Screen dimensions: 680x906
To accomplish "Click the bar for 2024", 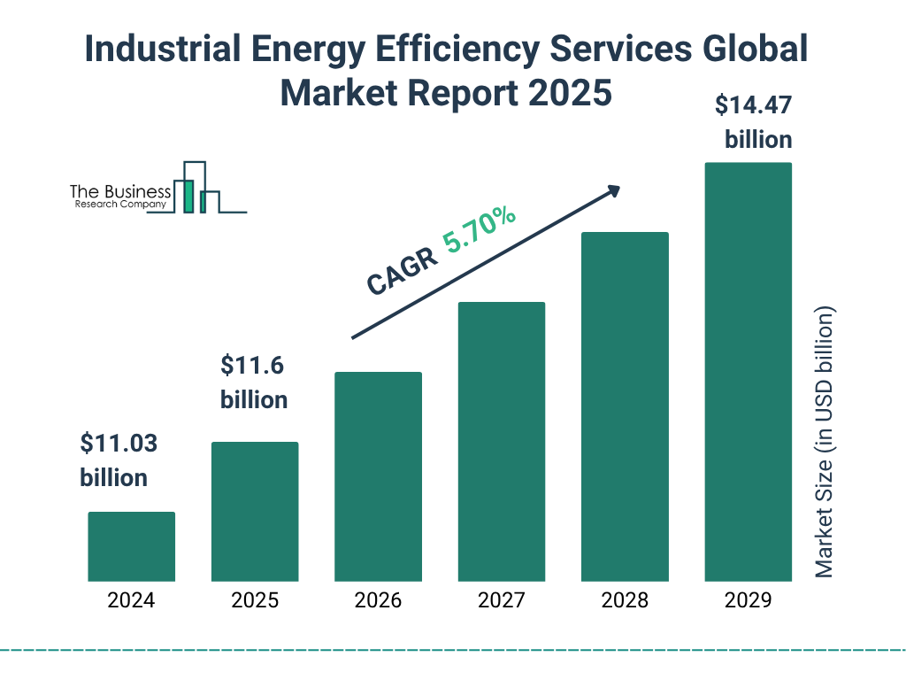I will [x=131, y=546].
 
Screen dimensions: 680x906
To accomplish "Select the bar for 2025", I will [x=255, y=511].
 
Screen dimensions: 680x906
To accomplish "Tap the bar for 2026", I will [x=378, y=476].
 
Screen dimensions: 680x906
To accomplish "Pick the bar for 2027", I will [x=501, y=441].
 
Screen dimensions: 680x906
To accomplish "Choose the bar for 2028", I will [x=625, y=406].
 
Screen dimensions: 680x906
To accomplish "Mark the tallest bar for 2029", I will [x=748, y=372].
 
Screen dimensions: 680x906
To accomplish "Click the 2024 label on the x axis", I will [x=131, y=600].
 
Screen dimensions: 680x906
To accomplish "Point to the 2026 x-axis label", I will [x=378, y=600].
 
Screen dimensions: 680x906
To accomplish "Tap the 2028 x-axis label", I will [x=625, y=600].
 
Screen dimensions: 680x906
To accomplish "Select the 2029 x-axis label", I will [x=748, y=600].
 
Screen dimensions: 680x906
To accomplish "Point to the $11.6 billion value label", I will [x=254, y=382].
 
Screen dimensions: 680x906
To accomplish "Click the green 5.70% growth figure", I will [x=480, y=231].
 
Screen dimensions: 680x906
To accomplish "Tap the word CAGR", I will [x=402, y=271].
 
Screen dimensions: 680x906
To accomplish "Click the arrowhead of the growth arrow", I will [x=612, y=190].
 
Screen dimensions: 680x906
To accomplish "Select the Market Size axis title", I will [x=825, y=442].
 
